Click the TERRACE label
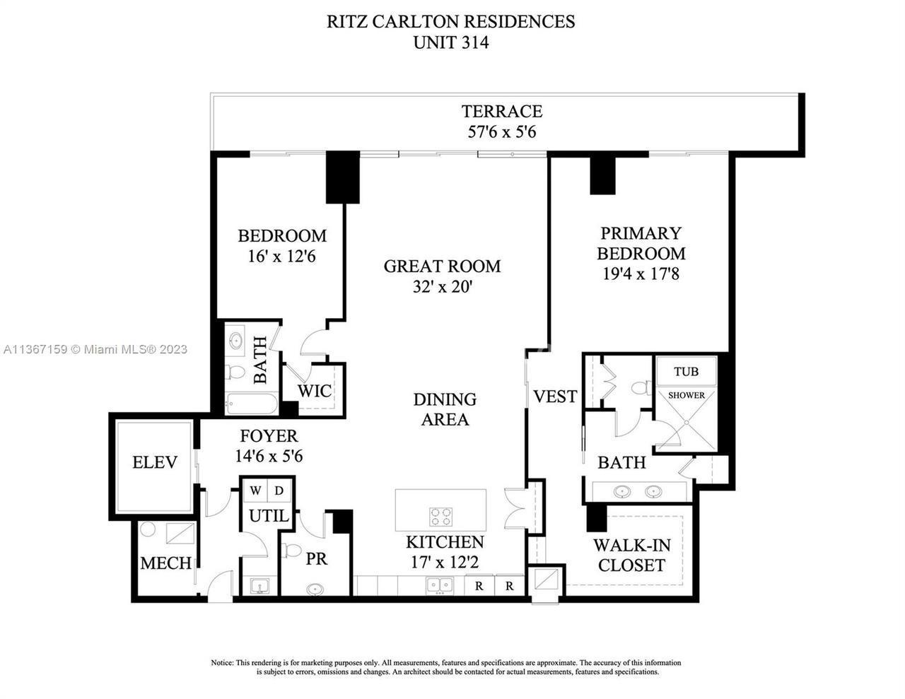point(502,111)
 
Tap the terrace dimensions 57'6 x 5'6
point(502,132)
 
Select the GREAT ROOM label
point(442,266)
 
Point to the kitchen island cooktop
point(440,517)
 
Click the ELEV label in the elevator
point(155,462)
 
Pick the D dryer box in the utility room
point(279,491)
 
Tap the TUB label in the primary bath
point(686,371)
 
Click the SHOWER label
point(687,395)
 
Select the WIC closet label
point(315,391)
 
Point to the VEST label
point(555,397)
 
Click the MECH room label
point(165,563)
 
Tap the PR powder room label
point(317,558)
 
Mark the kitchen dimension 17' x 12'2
point(445,563)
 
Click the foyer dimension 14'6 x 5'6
point(269,457)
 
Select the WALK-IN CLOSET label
point(632,555)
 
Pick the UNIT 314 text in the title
point(451,42)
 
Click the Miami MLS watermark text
point(95,349)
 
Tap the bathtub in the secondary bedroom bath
point(252,404)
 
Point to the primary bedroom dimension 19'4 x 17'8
point(641,274)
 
